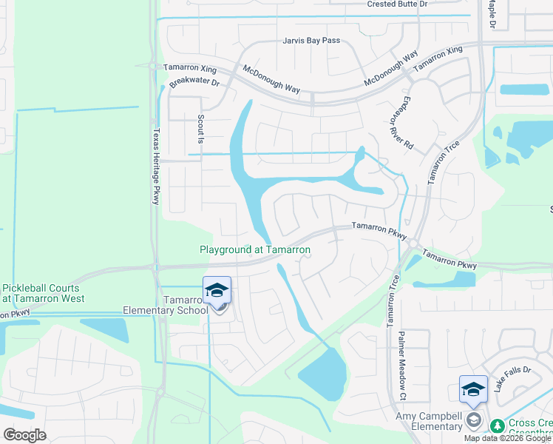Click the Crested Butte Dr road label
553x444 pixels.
click(397, 4)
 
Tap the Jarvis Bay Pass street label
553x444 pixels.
click(311, 41)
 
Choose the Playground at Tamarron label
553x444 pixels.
click(255, 250)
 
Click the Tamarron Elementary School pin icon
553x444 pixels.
click(217, 291)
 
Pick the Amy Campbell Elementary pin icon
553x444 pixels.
click(474, 390)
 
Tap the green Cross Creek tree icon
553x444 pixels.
click(498, 425)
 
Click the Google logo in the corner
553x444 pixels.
click(24, 435)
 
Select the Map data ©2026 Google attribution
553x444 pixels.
click(508, 438)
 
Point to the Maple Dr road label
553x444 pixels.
click(492, 13)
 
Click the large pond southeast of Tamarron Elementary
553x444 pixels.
click(322, 372)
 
